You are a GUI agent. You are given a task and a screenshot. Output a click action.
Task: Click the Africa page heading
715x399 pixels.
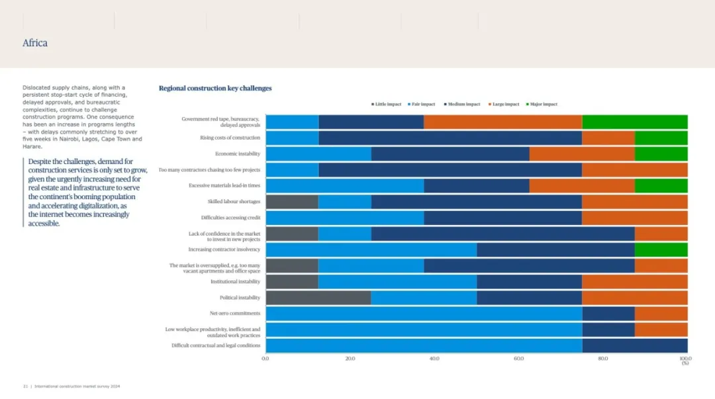35,43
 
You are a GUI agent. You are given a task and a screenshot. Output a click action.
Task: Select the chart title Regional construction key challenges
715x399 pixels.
215,88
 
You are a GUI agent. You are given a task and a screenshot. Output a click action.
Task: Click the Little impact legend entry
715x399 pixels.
388,104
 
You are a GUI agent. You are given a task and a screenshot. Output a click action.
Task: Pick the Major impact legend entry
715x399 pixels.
544,104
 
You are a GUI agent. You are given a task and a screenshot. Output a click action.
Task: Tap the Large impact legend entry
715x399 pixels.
505,104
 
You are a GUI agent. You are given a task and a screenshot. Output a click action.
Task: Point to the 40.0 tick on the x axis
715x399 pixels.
434,359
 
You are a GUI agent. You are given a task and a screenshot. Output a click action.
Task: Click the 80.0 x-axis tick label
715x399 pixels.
603,359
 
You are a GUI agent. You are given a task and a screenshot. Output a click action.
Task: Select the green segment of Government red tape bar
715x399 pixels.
634,122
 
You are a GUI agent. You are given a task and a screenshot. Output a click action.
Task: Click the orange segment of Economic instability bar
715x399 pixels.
582,154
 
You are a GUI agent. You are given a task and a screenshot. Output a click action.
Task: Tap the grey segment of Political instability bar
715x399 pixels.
318,298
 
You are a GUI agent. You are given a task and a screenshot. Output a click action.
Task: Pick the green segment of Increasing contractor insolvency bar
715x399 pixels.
661,249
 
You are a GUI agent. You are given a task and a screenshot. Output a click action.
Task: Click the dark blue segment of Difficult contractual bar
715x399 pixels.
634,345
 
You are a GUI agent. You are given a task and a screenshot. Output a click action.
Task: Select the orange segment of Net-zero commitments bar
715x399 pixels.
661,314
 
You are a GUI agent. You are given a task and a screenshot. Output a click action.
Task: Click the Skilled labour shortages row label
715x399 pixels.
234,201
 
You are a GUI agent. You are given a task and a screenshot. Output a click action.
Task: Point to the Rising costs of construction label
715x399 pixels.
230,138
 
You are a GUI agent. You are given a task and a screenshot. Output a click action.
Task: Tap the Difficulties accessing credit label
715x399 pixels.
230,218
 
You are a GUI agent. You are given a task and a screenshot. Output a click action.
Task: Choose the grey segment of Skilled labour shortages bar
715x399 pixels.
292,202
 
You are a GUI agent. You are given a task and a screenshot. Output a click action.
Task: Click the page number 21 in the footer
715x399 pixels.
24,386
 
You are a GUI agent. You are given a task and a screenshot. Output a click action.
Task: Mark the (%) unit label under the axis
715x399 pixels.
685,363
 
